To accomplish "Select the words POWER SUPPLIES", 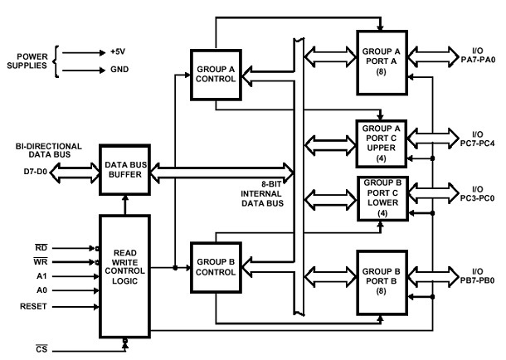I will [x=27, y=61].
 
